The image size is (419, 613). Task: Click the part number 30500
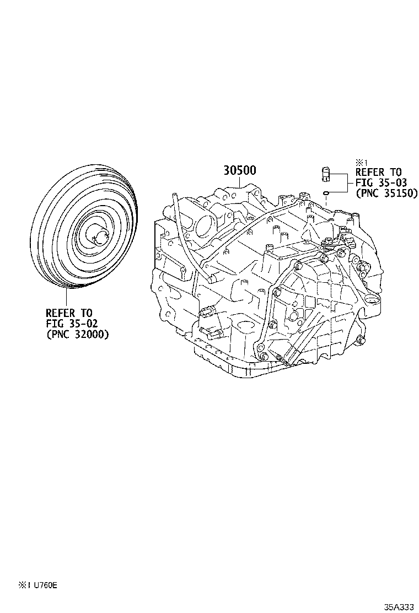239,170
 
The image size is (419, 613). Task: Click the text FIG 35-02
72,324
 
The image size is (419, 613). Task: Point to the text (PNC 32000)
77,334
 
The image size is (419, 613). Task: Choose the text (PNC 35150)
386,193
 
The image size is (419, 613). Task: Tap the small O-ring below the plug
326,192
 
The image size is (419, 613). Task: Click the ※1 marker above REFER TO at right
361,162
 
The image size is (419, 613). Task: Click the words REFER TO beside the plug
379,173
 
